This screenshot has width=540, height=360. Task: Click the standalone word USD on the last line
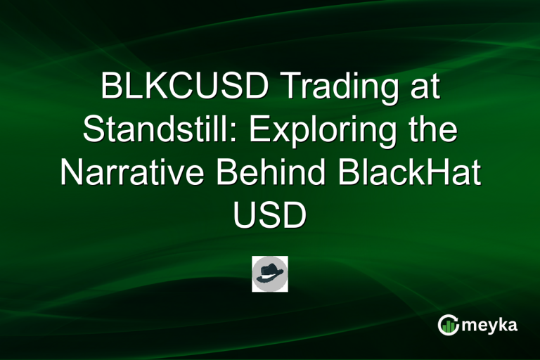(270, 216)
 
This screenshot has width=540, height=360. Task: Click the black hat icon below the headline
(270, 274)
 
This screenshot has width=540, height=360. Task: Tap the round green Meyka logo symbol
(448, 324)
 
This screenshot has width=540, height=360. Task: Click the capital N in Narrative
(71, 174)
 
